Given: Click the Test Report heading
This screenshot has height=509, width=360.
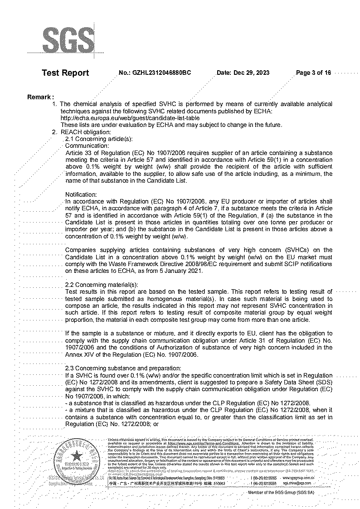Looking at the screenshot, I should [65, 73].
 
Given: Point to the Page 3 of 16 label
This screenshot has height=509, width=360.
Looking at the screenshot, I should [313, 73].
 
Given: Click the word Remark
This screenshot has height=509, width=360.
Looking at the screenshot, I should [40, 97].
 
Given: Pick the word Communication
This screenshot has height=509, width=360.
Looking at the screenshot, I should [87, 146].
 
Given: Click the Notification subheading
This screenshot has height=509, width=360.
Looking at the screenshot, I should [81, 194].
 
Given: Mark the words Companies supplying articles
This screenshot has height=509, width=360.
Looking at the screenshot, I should [104, 250].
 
